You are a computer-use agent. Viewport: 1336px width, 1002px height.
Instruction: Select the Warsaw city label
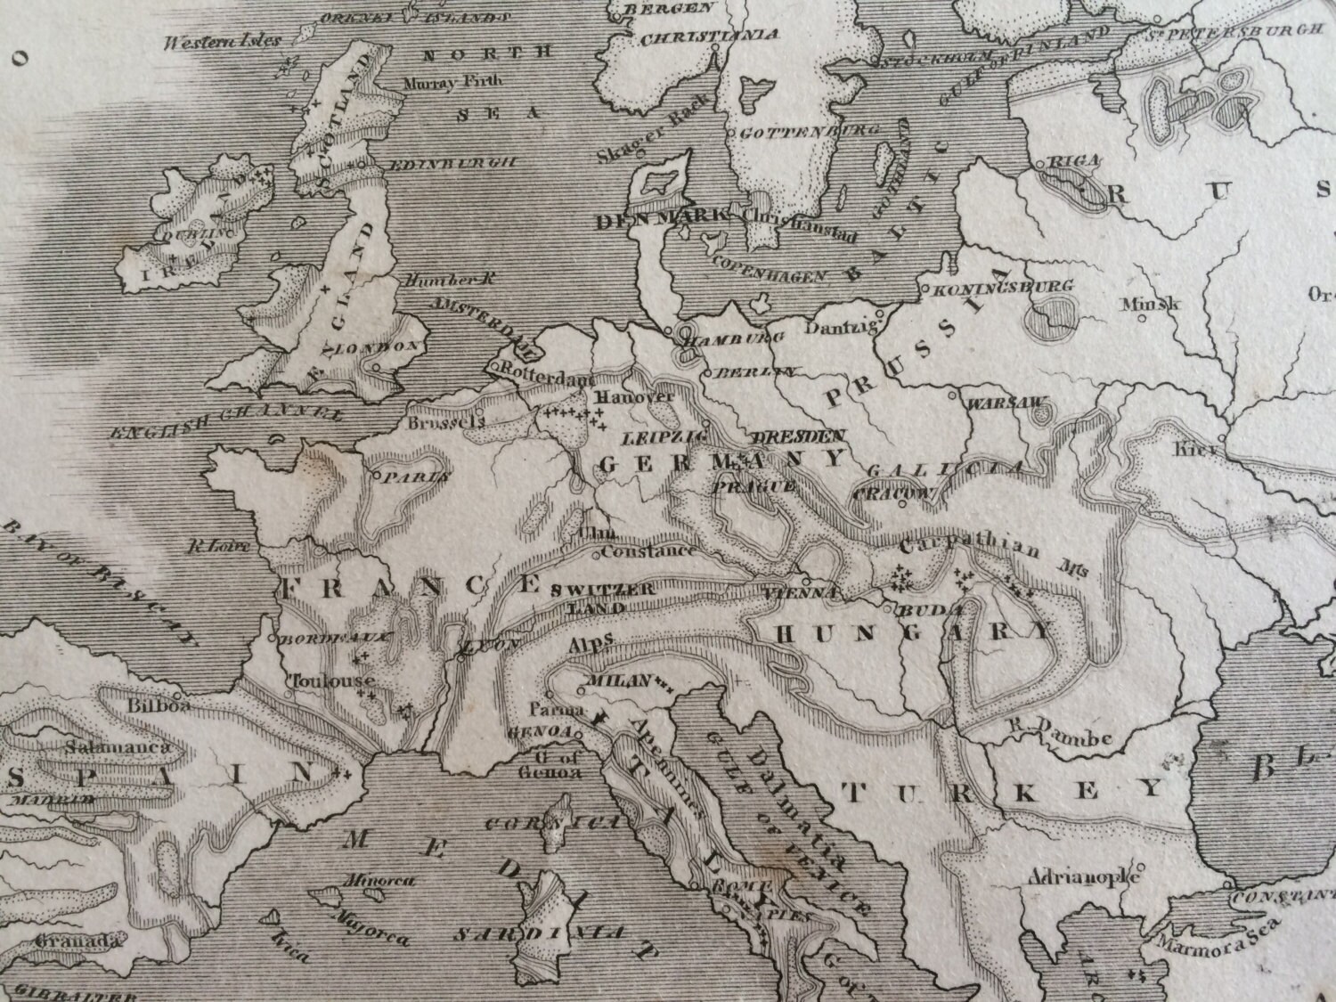[1004, 403]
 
